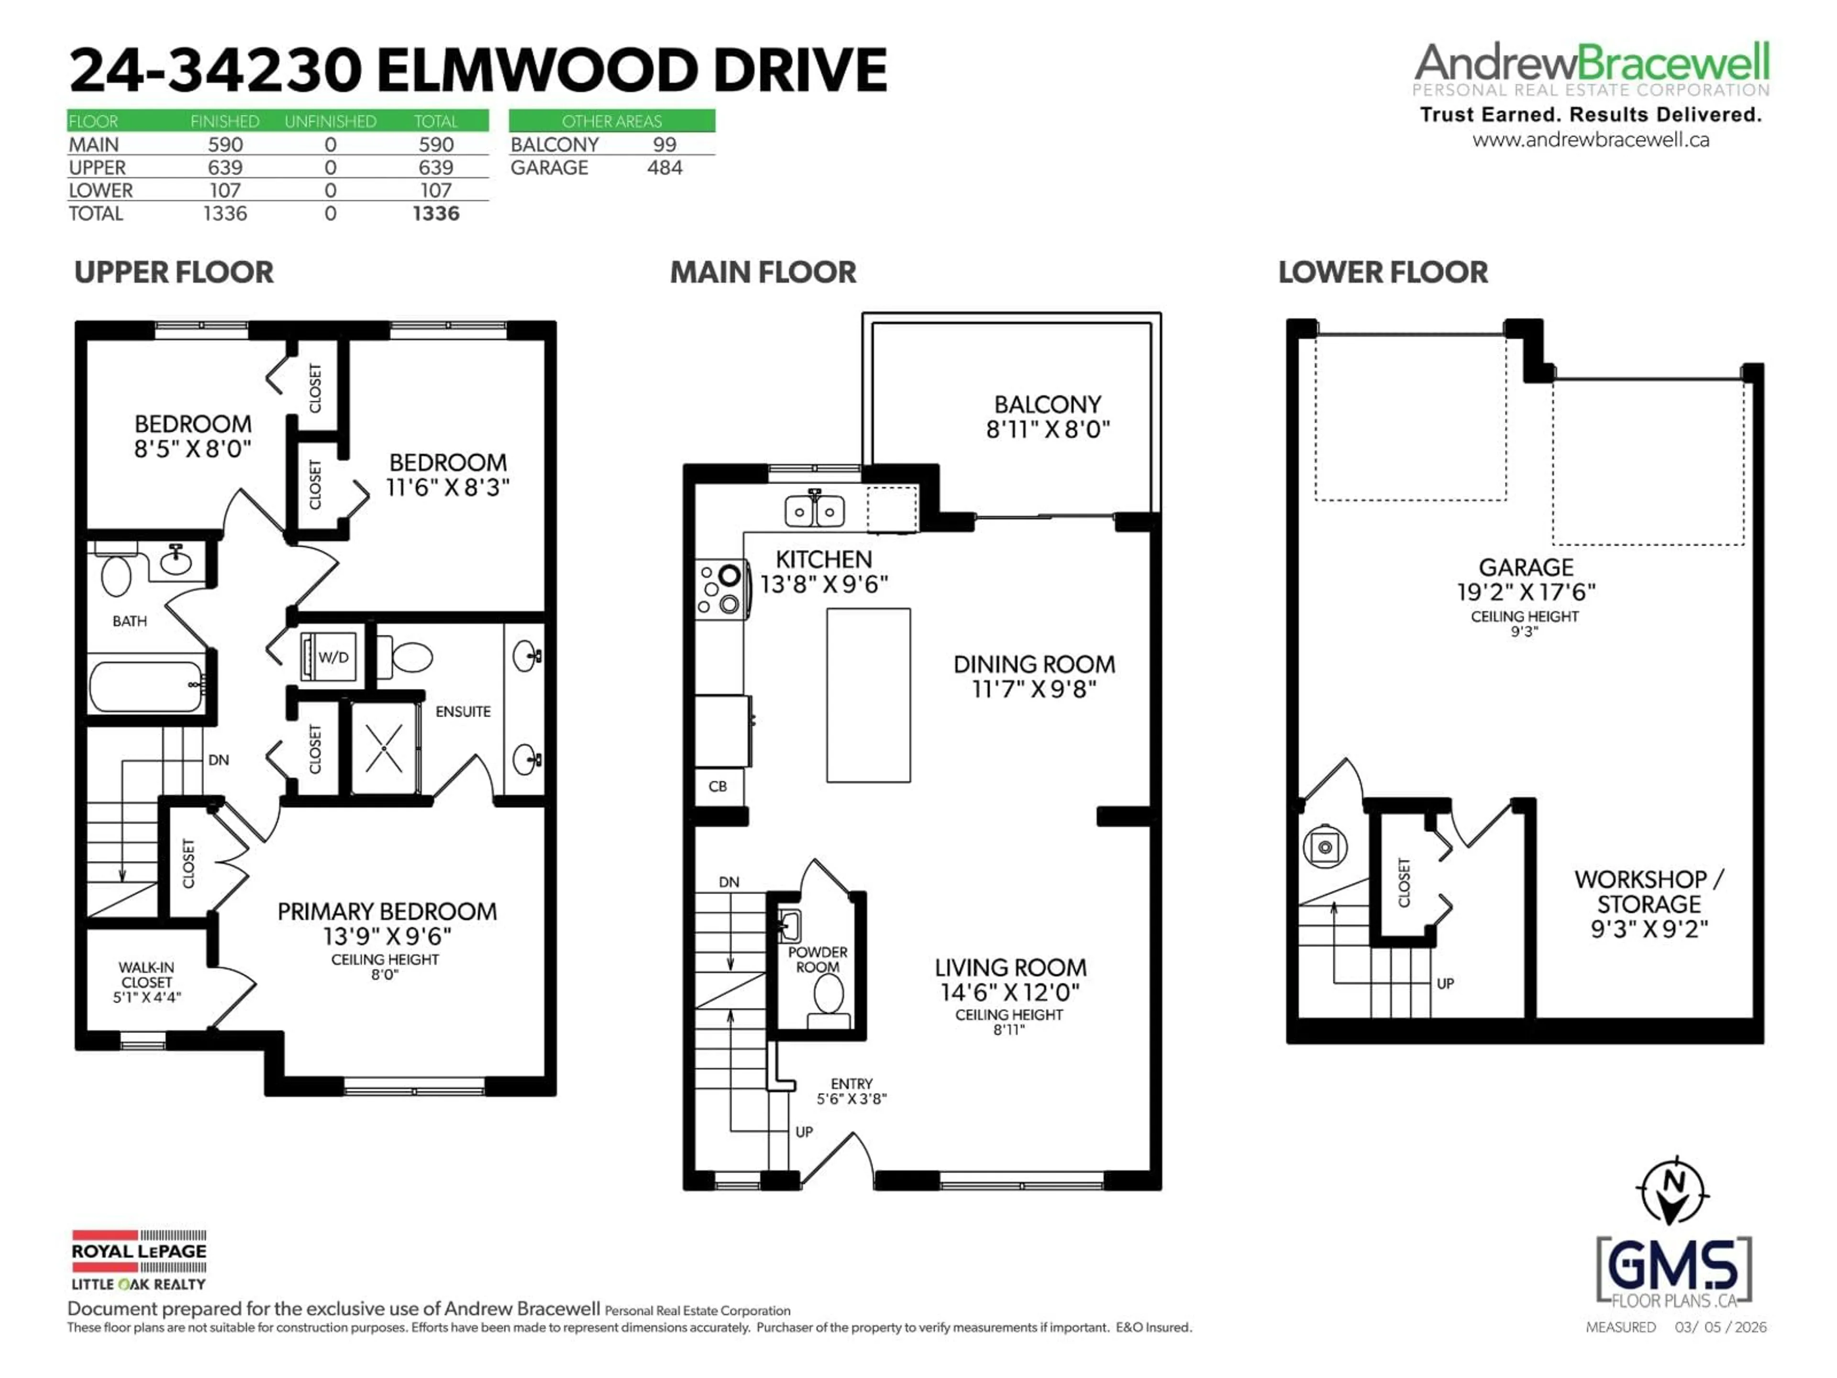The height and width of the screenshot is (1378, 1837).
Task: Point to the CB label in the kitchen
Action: click(718, 786)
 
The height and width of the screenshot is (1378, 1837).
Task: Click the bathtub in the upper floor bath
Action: click(146, 686)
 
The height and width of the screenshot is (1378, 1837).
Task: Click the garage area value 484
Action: click(664, 168)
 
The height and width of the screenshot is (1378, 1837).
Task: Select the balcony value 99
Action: click(664, 144)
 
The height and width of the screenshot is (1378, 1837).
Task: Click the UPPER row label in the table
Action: click(97, 168)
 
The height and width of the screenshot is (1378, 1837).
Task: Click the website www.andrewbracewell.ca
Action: click(1590, 140)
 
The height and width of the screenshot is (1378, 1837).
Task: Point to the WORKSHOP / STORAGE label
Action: click(1649, 891)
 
